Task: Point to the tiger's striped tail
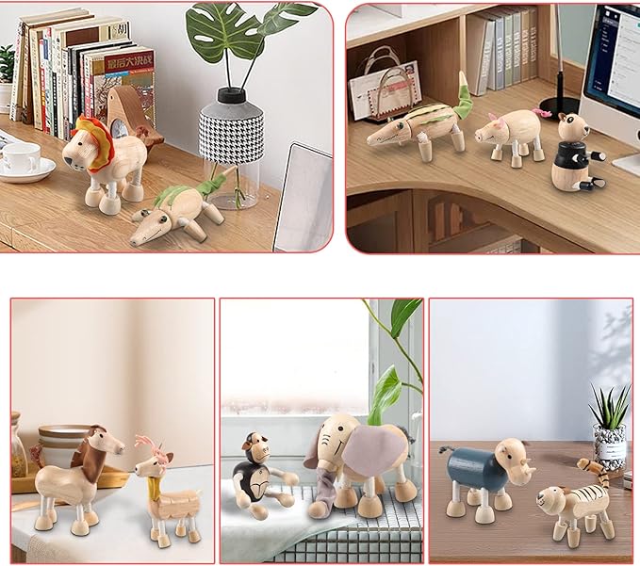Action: point(591,466)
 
